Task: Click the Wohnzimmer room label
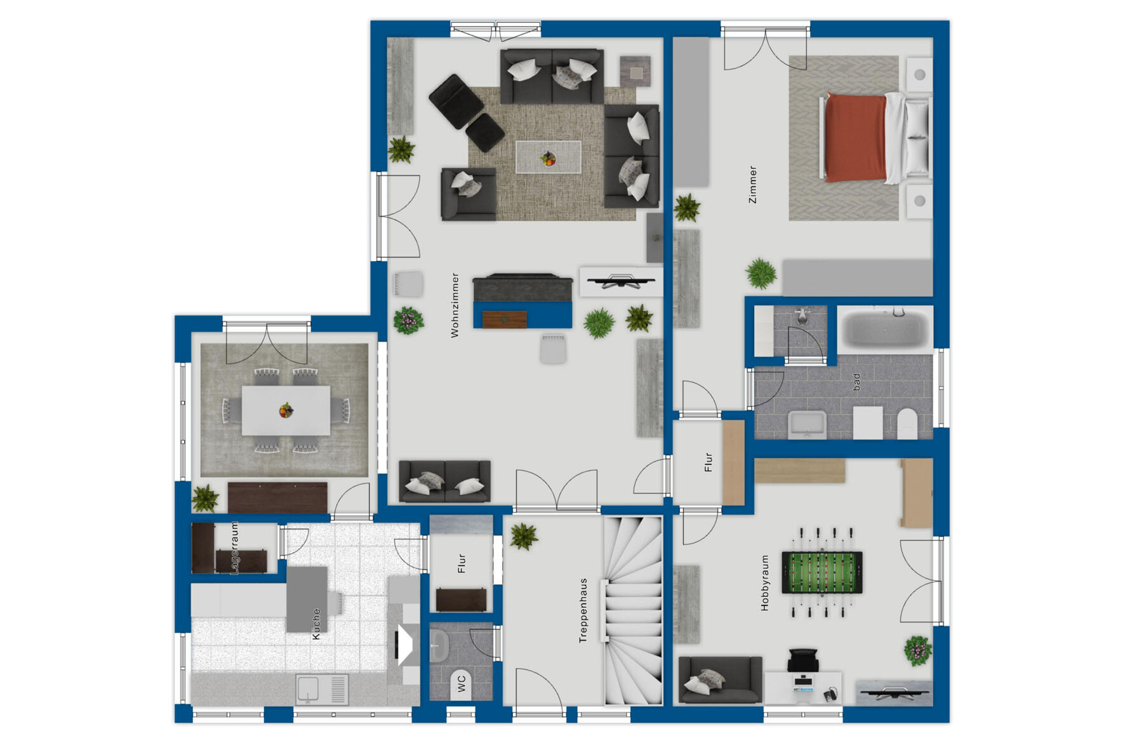pyautogui.click(x=455, y=305)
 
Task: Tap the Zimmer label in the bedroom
pyautogui.click(x=752, y=185)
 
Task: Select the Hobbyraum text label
pyautogui.click(x=764, y=583)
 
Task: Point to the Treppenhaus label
pyautogui.click(x=583, y=610)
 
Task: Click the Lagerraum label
pyautogui.click(x=235, y=548)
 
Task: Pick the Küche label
pyautogui.click(x=316, y=624)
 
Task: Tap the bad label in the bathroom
pyautogui.click(x=856, y=382)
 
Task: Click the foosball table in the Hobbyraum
pyautogui.click(x=822, y=572)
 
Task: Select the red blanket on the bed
pyautogui.click(x=855, y=138)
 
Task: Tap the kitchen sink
pyautogui.click(x=322, y=690)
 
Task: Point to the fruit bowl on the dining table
pyautogui.click(x=286, y=410)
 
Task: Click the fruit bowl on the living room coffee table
pyautogui.click(x=548, y=159)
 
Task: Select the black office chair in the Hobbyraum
pyautogui.click(x=803, y=660)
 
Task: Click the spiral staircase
pyautogui.click(x=632, y=610)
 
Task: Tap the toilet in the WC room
pyautogui.click(x=462, y=684)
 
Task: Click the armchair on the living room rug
pyautogui.click(x=469, y=194)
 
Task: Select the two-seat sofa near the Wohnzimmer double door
pyautogui.click(x=444, y=481)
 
